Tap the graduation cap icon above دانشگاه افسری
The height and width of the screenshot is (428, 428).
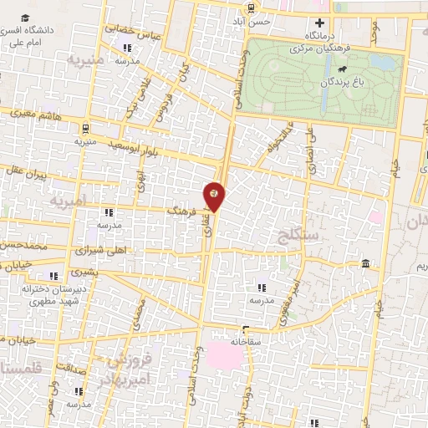click(27, 18)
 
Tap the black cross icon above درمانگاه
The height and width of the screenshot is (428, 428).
click(318, 23)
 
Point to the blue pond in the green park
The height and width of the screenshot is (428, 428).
click(324, 98)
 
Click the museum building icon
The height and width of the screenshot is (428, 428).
click(365, 265)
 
